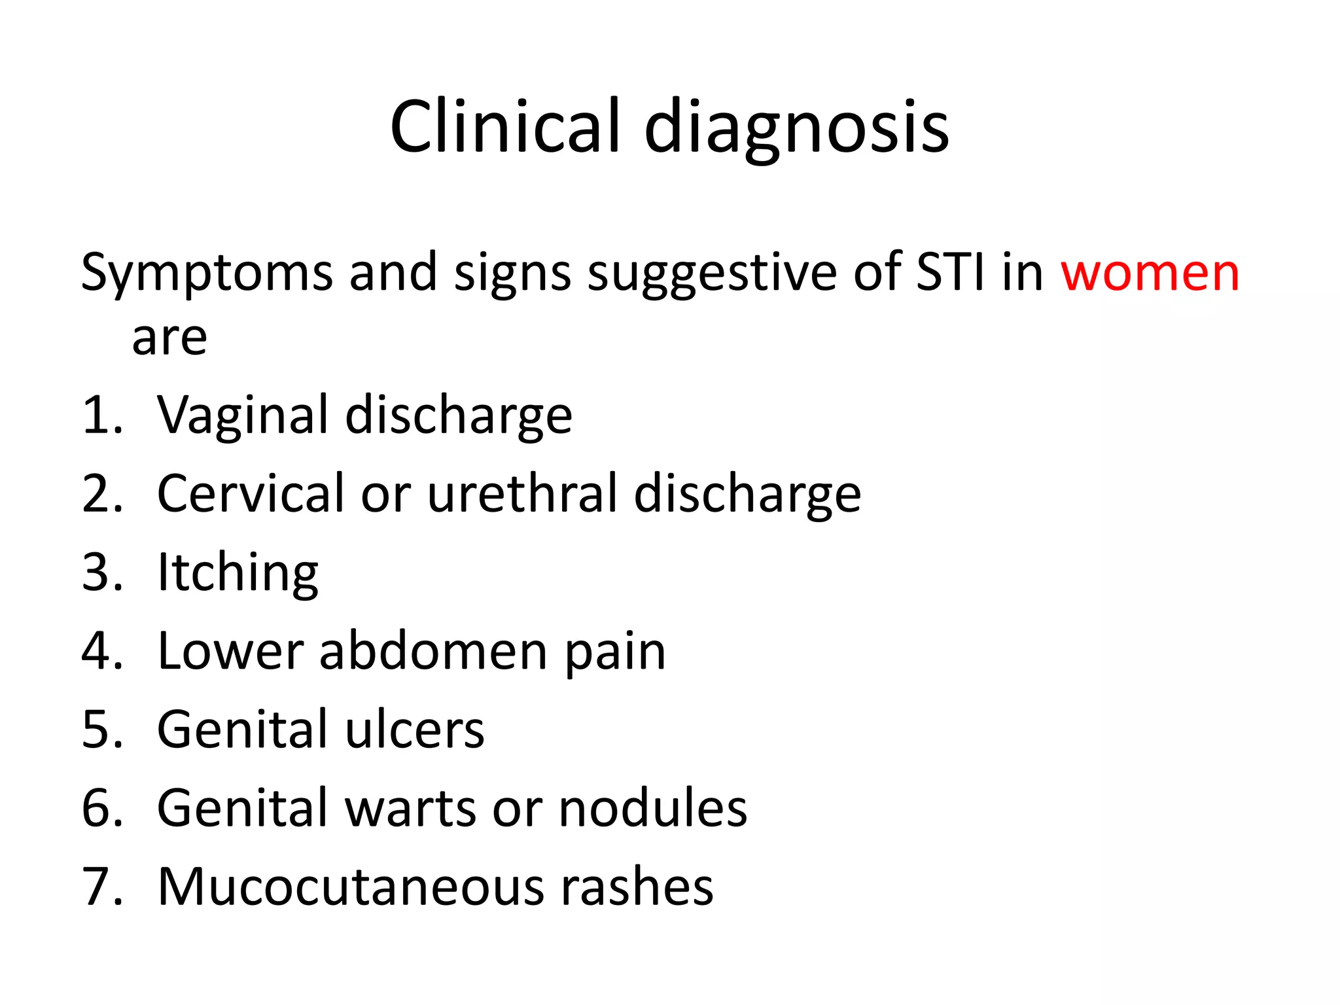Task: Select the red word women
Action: (x=1150, y=273)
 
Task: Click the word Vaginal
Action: (x=242, y=417)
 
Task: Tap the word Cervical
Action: (x=251, y=493)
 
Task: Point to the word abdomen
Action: (x=433, y=651)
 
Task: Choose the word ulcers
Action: (x=415, y=730)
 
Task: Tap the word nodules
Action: (x=652, y=809)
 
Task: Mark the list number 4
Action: (x=97, y=652)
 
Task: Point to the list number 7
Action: (x=97, y=887)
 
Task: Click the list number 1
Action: (x=97, y=416)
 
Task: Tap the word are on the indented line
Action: (x=169, y=339)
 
